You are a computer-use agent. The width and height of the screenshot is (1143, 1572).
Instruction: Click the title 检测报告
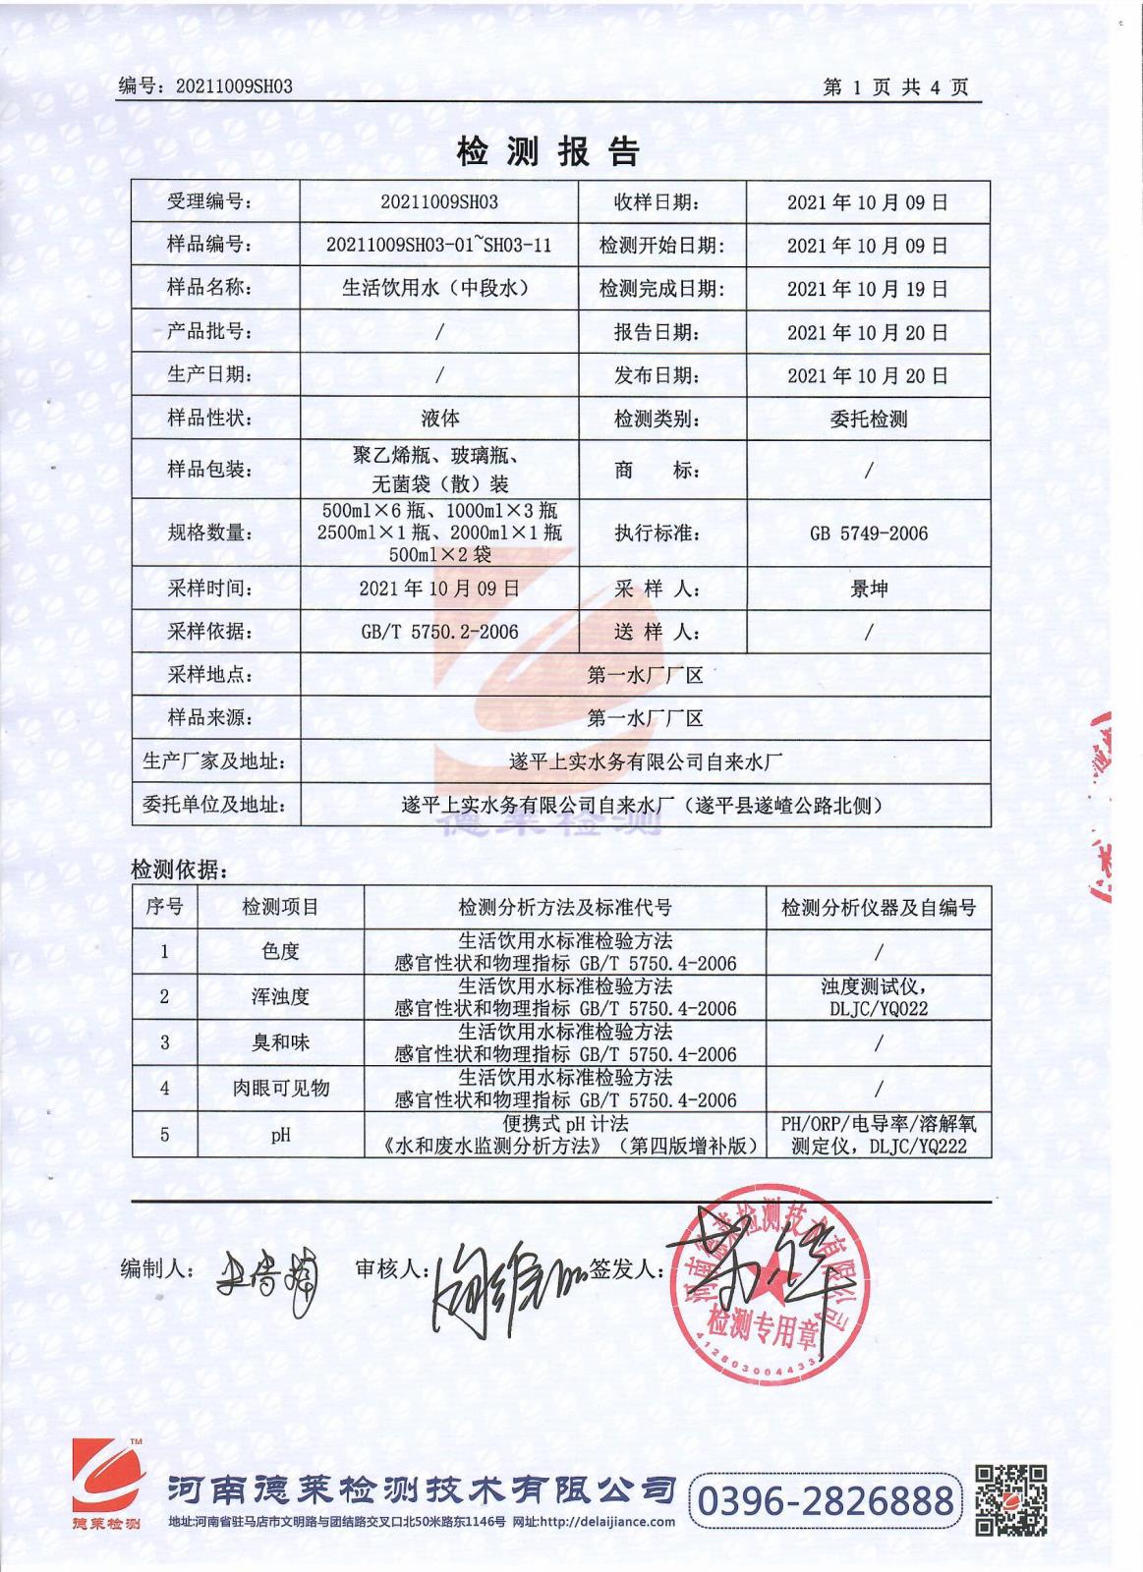tap(548, 150)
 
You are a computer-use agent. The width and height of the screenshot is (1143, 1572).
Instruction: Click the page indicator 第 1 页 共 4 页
tap(895, 87)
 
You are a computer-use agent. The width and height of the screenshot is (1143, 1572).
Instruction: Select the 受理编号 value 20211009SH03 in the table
tap(438, 202)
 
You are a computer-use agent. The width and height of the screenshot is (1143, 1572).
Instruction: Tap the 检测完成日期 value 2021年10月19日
tap(867, 289)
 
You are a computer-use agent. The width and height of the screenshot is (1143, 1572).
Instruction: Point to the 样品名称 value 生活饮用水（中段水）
tap(438, 288)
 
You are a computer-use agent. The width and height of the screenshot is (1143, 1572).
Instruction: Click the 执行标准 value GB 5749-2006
tap(868, 533)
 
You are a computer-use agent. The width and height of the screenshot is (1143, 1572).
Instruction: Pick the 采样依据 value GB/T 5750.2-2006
tap(439, 632)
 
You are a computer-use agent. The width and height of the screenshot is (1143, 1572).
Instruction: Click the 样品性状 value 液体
tap(439, 419)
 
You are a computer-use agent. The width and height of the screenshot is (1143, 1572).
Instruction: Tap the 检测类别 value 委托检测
tap(868, 420)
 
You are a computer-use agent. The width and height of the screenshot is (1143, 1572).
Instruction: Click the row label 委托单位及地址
tap(215, 806)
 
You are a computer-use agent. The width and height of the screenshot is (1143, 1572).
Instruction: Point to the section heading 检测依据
tap(178, 869)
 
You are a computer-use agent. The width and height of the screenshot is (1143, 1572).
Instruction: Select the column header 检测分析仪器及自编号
tap(879, 907)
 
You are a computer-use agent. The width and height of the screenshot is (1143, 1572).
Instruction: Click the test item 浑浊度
tap(280, 997)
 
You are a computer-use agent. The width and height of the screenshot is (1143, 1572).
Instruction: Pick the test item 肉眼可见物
tap(280, 1088)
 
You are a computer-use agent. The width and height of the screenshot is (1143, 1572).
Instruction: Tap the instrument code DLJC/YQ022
tap(879, 1008)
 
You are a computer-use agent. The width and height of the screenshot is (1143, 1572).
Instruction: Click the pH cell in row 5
tap(280, 1135)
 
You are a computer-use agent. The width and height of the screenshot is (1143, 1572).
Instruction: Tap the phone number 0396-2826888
tap(827, 1500)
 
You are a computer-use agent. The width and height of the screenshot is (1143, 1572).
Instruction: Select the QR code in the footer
tap(1009, 1499)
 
